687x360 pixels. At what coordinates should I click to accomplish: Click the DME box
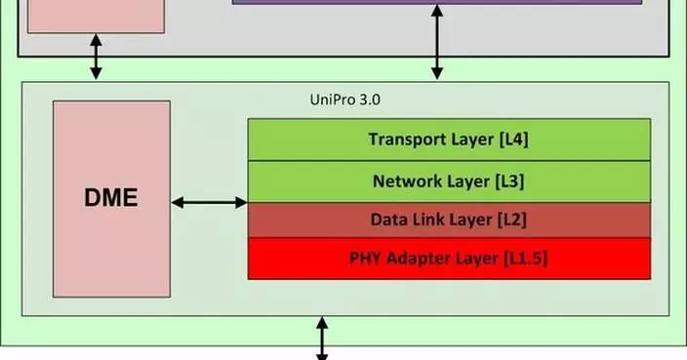click(x=111, y=199)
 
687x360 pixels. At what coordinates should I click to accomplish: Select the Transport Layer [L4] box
click(x=449, y=140)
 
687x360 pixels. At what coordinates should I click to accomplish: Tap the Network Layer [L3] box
click(x=449, y=181)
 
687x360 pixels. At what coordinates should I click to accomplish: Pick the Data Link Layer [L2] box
click(x=449, y=220)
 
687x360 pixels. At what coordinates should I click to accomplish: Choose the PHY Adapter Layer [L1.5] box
click(x=449, y=259)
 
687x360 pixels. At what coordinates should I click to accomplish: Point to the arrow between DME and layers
click(x=209, y=202)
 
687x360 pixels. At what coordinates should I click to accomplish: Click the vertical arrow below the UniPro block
click(x=322, y=338)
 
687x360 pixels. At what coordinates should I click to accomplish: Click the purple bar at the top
click(x=437, y=3)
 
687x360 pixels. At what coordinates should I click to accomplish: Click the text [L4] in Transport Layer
click(x=513, y=140)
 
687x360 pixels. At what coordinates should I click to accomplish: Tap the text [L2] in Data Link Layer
click(x=510, y=220)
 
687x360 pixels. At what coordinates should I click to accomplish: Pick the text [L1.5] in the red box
click(x=531, y=259)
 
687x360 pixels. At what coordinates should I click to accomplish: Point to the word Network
click(x=406, y=181)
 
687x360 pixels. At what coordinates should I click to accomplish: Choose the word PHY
click(x=366, y=259)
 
